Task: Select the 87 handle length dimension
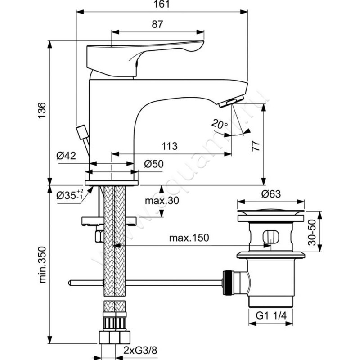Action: pos(157,25)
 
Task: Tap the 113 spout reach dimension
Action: pos(169,146)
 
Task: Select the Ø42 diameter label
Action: pos(66,156)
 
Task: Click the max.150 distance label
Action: pos(189,238)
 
